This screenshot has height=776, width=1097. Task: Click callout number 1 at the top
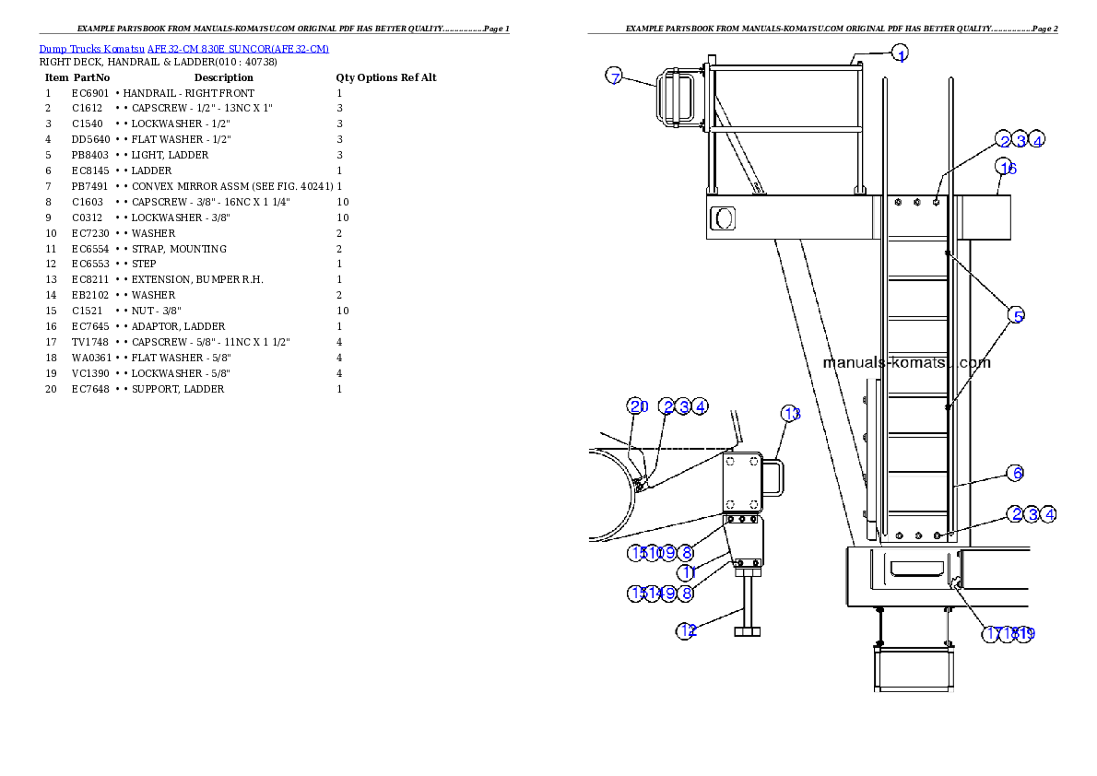coord(900,53)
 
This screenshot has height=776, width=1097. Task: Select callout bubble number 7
coord(615,76)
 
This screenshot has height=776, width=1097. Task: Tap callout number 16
coord(1007,168)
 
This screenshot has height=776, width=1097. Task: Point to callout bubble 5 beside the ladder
coord(1015,316)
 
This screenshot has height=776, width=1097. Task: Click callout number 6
coord(1015,474)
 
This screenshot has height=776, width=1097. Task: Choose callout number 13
coord(791,414)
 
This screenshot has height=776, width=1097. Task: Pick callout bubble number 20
coord(638,406)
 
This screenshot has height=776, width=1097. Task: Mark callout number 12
coord(687,631)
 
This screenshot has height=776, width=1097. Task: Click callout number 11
coord(687,572)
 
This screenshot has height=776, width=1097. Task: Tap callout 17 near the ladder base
coord(993,634)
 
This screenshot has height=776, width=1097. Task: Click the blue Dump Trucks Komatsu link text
coord(183,49)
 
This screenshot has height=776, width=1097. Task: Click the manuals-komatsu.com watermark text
coord(906,362)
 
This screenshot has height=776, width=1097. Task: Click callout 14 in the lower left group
coord(654,594)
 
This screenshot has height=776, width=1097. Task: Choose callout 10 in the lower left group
coord(654,553)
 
